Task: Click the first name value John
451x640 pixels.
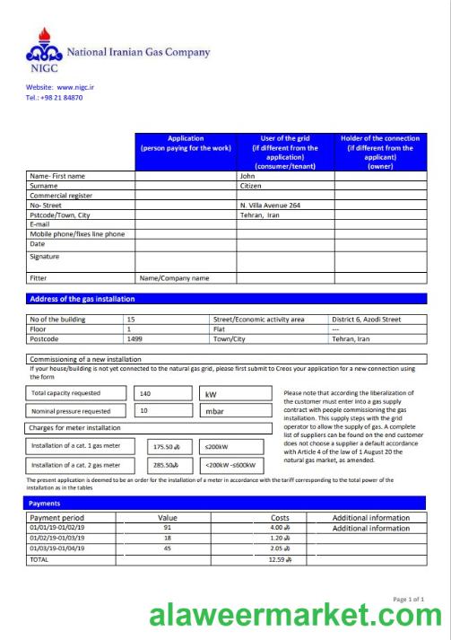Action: (247, 176)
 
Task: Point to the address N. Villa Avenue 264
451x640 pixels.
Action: (270, 206)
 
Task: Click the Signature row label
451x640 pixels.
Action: (44, 257)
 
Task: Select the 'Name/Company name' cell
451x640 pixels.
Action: (174, 278)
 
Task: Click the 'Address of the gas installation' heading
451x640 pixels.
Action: (82, 299)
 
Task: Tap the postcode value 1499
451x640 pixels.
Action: (134, 339)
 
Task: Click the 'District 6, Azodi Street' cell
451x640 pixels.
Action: (367, 319)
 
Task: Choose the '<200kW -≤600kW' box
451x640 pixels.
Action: (230, 465)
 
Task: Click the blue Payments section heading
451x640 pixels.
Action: (46, 504)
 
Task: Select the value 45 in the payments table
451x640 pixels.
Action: (167, 548)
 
